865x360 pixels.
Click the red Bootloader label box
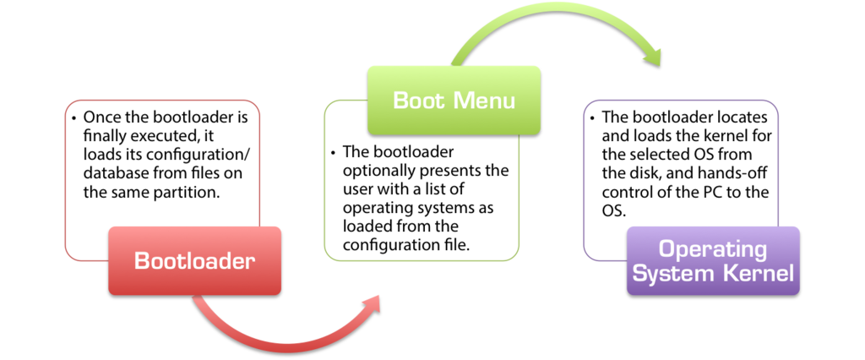194,260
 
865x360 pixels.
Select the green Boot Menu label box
453,100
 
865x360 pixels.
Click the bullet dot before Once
74,117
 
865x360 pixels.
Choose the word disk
645,173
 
